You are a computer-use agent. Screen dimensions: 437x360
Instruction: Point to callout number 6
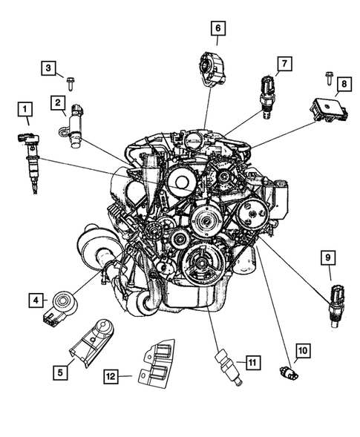pos(217,29)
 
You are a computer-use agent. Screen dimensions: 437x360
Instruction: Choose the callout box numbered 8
pos(344,85)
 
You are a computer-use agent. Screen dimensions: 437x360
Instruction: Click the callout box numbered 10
pos(302,349)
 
